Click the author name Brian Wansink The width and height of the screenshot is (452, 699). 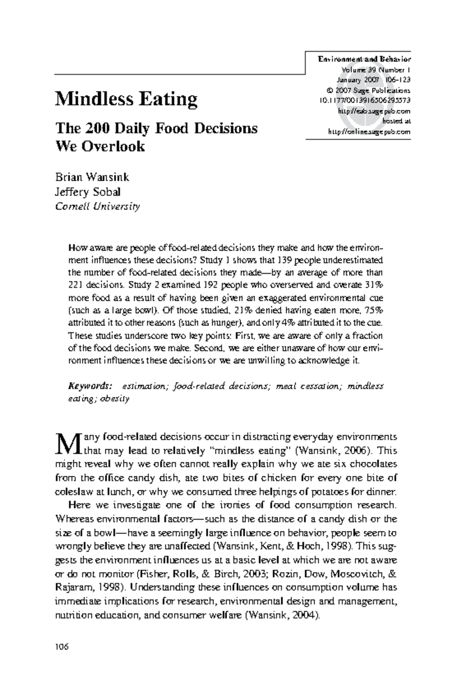coord(92,177)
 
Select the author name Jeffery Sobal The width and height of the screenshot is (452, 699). coord(88,192)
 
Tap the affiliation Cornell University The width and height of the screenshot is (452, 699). coord(98,206)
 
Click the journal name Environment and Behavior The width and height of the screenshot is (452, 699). coord(364,59)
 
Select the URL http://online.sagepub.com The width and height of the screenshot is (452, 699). coord(369,132)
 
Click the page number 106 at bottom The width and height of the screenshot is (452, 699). coord(61,647)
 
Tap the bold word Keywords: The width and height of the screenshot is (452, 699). coord(90,386)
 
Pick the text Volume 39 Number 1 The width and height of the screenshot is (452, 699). coord(376,70)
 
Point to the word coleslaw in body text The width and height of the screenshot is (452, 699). coord(70,492)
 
